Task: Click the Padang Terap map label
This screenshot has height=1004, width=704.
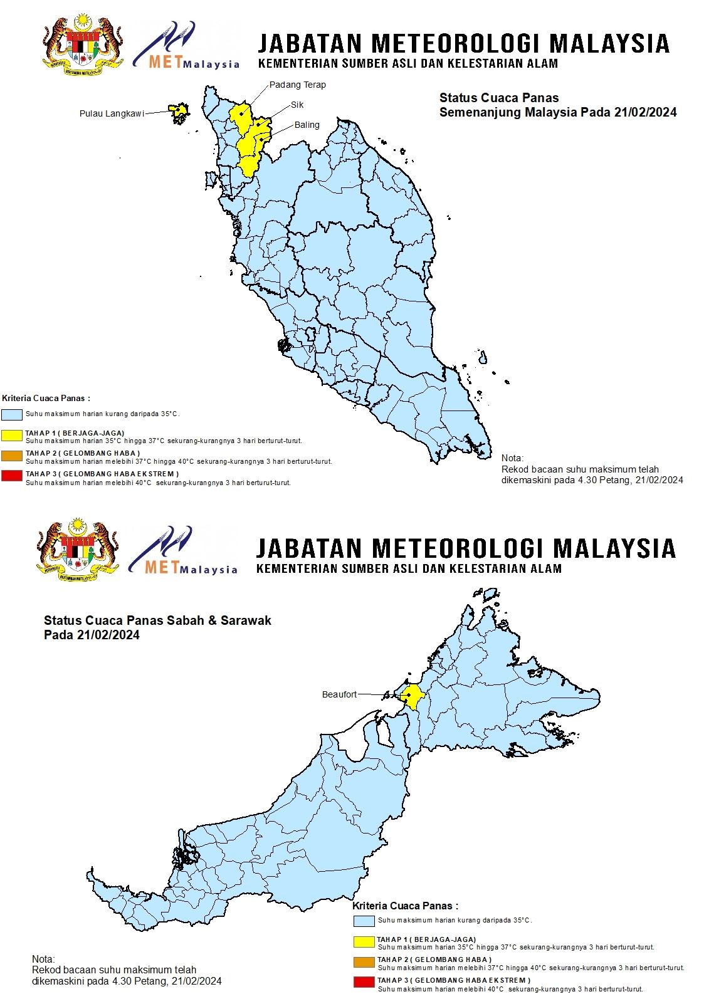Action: [297, 85]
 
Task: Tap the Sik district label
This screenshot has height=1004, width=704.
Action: [297, 105]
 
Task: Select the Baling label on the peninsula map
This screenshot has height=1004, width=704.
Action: [307, 125]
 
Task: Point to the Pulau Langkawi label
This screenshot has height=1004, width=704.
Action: [112, 113]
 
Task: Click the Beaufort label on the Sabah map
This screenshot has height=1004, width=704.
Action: [339, 694]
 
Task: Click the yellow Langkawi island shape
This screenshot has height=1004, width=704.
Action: [179, 110]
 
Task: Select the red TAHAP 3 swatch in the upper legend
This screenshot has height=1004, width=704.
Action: [12, 476]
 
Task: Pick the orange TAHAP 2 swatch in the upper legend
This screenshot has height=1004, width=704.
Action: [12, 456]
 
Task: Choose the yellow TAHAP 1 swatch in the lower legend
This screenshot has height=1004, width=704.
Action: [364, 941]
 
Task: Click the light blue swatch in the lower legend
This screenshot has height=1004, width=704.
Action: [364, 921]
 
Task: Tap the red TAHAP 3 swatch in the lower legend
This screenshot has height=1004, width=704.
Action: [364, 981]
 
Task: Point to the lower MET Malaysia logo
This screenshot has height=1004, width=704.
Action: [183, 552]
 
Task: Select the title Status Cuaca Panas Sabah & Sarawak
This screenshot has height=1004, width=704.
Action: [157, 620]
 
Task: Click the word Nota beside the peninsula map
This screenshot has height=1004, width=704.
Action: [512, 458]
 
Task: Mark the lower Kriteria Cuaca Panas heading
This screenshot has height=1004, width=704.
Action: [405, 906]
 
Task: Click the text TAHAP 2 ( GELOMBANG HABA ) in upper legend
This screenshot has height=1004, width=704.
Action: [83, 453]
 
